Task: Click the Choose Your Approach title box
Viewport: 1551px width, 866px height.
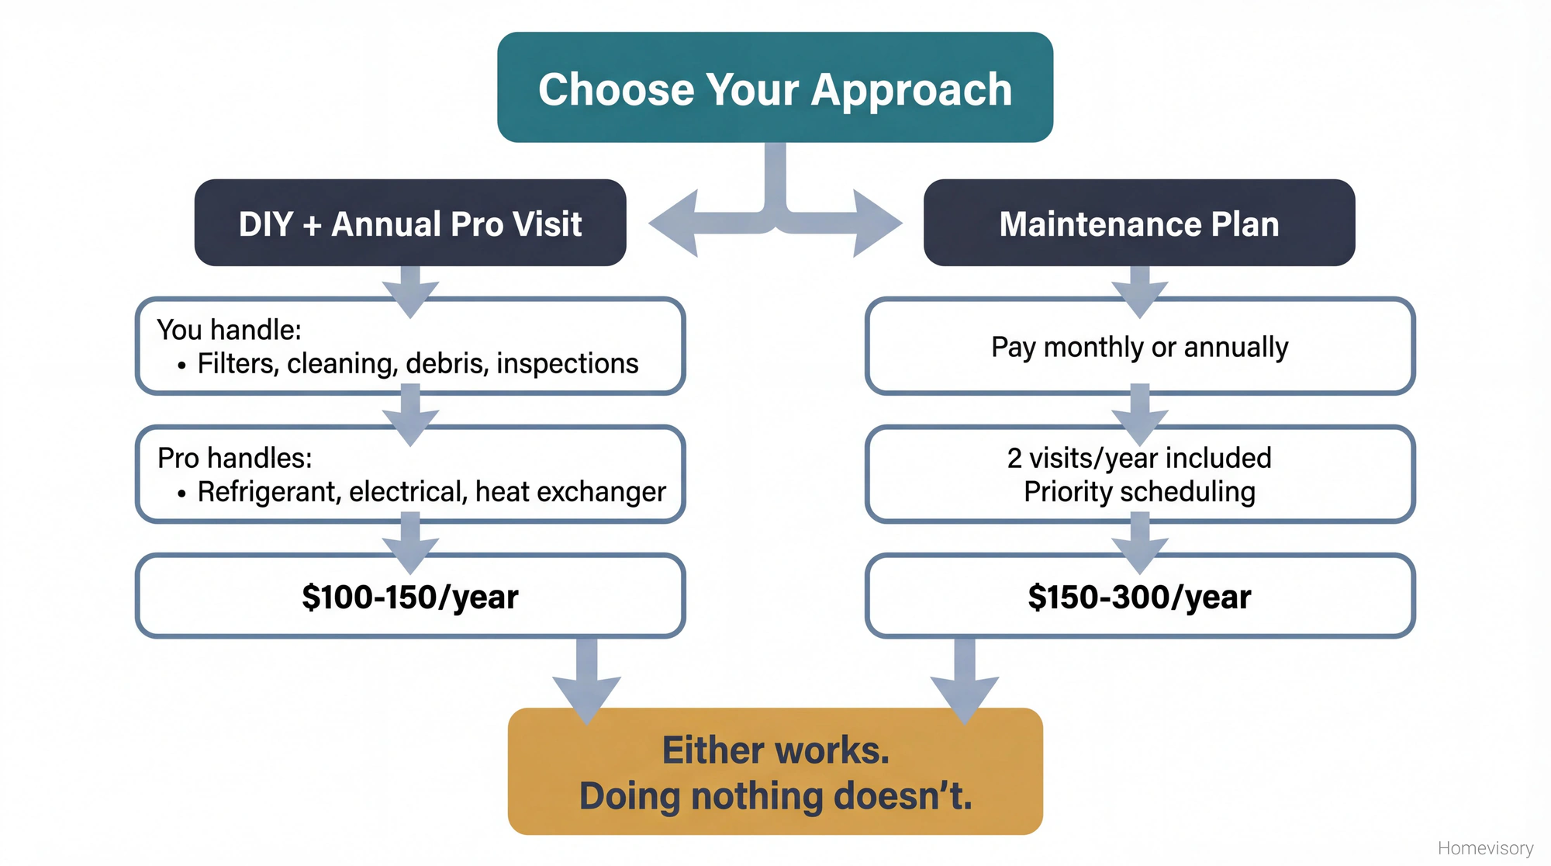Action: pyautogui.click(x=775, y=88)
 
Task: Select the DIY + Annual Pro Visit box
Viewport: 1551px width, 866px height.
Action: pyautogui.click(x=409, y=223)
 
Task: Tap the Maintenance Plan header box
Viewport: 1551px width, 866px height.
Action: pyautogui.click(x=1138, y=223)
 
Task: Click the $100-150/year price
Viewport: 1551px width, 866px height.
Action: pyautogui.click(x=409, y=597)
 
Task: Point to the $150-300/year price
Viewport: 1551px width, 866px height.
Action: pyautogui.click(x=1139, y=597)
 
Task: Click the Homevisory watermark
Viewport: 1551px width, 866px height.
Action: pyautogui.click(x=1485, y=848)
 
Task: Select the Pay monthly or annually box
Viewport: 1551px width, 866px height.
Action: pyautogui.click(x=1139, y=347)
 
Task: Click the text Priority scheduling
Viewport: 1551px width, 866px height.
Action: pyautogui.click(x=1139, y=491)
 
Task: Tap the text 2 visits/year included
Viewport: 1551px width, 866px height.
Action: pyautogui.click(x=1139, y=458)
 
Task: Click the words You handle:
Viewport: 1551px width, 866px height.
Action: pyautogui.click(x=229, y=330)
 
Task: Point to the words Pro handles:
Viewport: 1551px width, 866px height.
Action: pyautogui.click(x=234, y=458)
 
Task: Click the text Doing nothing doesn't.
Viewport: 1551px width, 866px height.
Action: pyautogui.click(x=775, y=796)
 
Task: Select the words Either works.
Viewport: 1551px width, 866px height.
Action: pyautogui.click(x=775, y=750)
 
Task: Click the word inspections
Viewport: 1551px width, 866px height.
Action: pyautogui.click(x=567, y=363)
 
